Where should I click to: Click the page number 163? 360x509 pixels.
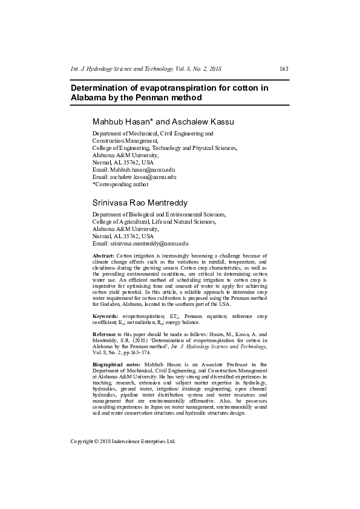[x=284, y=69]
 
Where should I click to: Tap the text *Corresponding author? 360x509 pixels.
[x=120, y=184]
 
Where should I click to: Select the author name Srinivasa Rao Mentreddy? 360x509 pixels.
[x=140, y=203]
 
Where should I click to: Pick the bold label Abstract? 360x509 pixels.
[x=103, y=256]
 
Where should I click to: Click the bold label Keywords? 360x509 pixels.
[x=105, y=316]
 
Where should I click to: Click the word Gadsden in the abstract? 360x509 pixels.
[x=106, y=305]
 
